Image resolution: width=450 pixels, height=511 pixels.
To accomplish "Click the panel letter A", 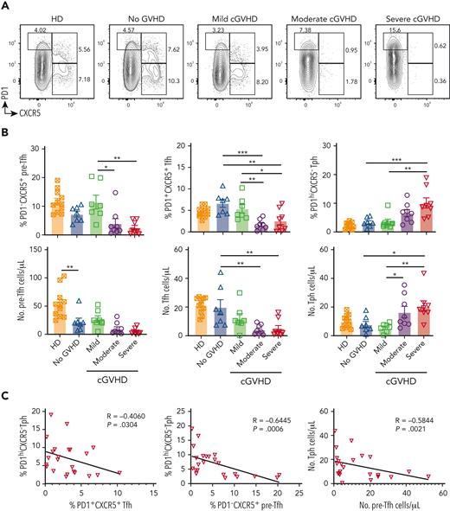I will (6, 6).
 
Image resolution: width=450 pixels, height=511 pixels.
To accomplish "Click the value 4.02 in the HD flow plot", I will (39, 33).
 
